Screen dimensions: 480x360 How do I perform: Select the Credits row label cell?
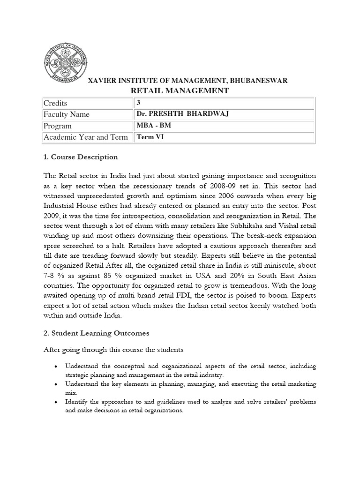coord(55,103)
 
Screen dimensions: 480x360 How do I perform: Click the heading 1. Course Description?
coord(80,157)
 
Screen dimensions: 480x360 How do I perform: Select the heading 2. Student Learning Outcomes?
coord(96,333)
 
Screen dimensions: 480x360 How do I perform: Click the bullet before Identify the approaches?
coord(56,403)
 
